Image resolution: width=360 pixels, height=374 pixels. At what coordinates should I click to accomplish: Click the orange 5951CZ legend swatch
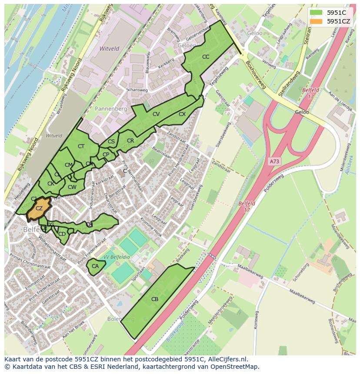(x=316, y=21)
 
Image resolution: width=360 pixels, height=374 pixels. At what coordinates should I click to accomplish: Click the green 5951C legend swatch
(x=316, y=12)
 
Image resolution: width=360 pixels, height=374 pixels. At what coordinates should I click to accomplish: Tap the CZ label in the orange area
(x=39, y=209)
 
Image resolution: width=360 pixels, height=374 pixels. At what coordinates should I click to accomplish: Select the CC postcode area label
(x=206, y=57)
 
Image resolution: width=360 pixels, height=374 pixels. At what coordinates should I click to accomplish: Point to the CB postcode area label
(x=155, y=299)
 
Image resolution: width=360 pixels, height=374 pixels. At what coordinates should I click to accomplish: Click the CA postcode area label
(x=95, y=266)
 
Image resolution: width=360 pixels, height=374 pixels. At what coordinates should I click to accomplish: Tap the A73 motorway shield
(x=274, y=161)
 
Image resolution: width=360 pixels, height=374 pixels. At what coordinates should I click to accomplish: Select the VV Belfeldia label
(x=117, y=257)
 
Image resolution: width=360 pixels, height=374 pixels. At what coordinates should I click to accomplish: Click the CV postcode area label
(x=156, y=114)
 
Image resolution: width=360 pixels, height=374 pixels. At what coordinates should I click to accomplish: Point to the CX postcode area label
(x=182, y=114)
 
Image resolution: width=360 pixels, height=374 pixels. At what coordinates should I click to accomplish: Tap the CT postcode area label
(x=81, y=146)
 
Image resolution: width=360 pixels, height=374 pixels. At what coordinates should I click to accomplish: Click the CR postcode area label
(x=130, y=141)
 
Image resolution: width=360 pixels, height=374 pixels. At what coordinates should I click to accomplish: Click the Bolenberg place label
(x=120, y=319)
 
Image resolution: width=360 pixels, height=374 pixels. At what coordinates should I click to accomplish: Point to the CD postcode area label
(x=62, y=234)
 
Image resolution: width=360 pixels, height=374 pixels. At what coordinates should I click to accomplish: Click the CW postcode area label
(x=72, y=187)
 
